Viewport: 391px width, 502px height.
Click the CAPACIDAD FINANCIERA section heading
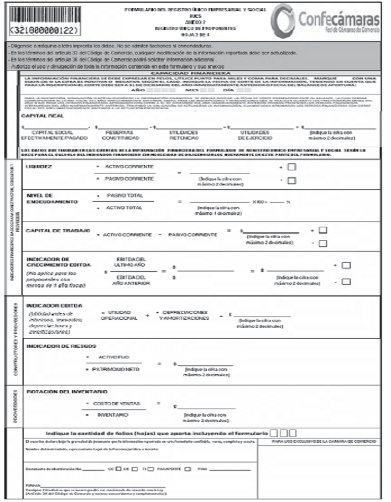tap(191, 73)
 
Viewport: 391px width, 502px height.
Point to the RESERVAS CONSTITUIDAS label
tap(119, 135)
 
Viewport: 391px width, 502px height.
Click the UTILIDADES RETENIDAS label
tap(185, 135)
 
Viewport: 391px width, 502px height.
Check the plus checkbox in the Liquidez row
tap(292, 167)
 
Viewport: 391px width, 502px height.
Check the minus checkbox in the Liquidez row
tap(292, 181)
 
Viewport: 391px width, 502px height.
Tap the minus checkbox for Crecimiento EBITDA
tap(346, 282)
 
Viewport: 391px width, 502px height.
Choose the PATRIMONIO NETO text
tap(121, 371)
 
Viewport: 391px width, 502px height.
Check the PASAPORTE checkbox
tap(187, 469)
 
